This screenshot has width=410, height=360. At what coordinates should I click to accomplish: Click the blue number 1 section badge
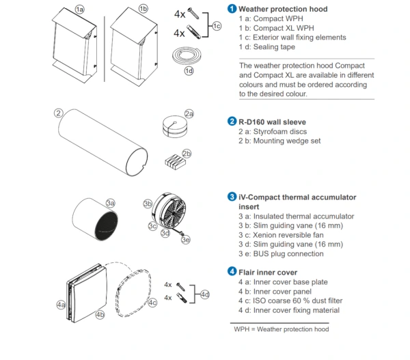point(232,9)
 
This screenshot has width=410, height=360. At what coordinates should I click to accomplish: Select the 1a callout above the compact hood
point(79,9)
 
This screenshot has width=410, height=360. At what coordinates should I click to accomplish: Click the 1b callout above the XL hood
point(143,9)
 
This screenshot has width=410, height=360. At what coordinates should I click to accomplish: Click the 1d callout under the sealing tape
point(189,70)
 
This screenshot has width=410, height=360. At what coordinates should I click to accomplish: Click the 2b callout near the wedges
point(187,153)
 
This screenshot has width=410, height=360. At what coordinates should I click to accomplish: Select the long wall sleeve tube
point(102,143)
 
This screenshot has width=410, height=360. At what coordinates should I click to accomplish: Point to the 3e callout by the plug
point(187,239)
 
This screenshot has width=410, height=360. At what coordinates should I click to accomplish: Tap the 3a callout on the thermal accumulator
point(110,203)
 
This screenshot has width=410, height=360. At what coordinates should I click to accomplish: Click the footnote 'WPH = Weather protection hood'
point(282,329)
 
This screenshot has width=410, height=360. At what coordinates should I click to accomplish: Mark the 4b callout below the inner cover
point(100,315)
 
